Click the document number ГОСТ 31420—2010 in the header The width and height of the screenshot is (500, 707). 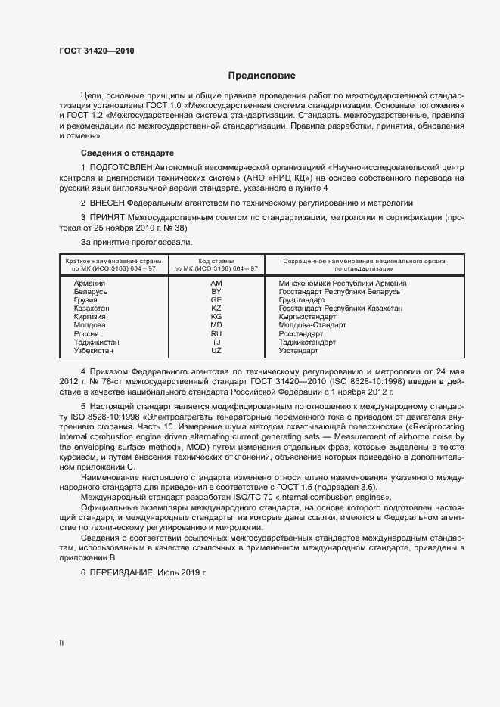(96, 51)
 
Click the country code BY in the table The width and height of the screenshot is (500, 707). (216, 291)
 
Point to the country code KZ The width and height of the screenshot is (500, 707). (216, 309)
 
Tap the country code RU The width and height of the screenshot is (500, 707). (216, 333)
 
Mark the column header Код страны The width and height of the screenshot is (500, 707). (216, 259)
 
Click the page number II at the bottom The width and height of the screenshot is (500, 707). (62, 643)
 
